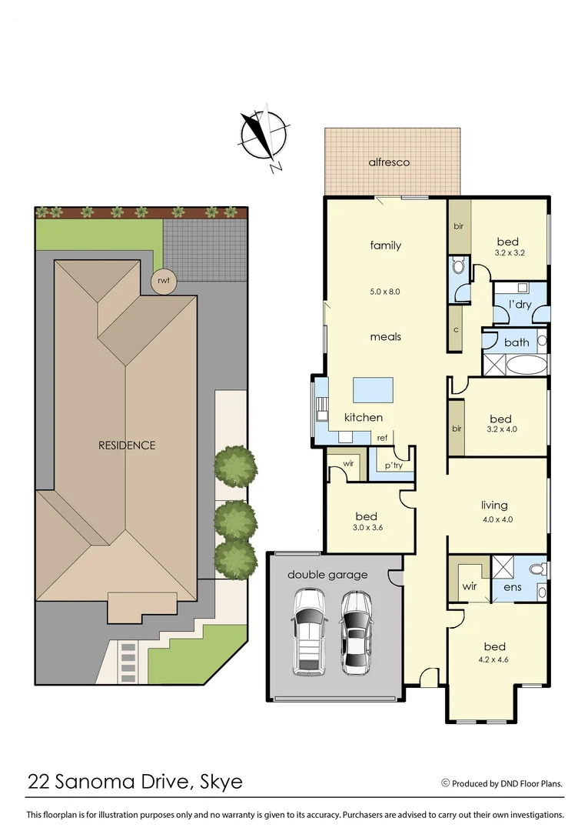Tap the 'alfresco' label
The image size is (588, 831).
pyautogui.click(x=389, y=162)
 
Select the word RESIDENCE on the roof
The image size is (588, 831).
pyautogui.click(x=126, y=445)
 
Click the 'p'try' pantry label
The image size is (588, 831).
pyautogui.click(x=382, y=466)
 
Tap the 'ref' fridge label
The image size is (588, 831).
pyautogui.click(x=382, y=438)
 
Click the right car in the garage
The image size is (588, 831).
pyautogui.click(x=355, y=632)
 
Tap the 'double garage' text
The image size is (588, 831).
pyautogui.click(x=327, y=574)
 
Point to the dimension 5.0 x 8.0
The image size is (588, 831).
pyautogui.click(x=385, y=292)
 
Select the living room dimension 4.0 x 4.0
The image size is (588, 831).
pyautogui.click(x=497, y=519)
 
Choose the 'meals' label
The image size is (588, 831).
pyautogui.click(x=385, y=336)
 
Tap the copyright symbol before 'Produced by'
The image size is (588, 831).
pyautogui.click(x=445, y=783)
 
